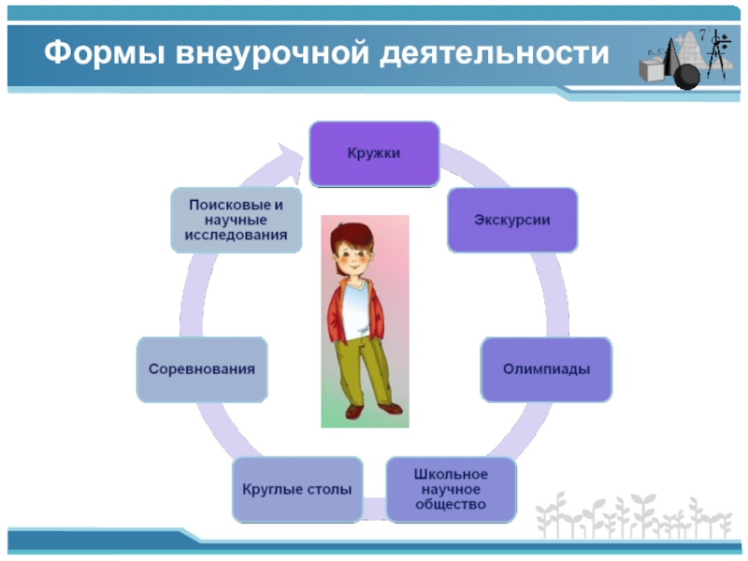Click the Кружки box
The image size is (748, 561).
(374, 153)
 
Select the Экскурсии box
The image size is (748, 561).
(512, 221)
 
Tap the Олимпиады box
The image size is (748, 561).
(546, 369)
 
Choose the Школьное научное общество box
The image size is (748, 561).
(451, 489)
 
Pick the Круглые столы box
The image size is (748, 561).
(297, 489)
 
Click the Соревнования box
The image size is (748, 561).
(202, 369)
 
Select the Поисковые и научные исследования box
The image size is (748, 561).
(237, 220)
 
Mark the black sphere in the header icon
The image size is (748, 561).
(688, 76)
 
